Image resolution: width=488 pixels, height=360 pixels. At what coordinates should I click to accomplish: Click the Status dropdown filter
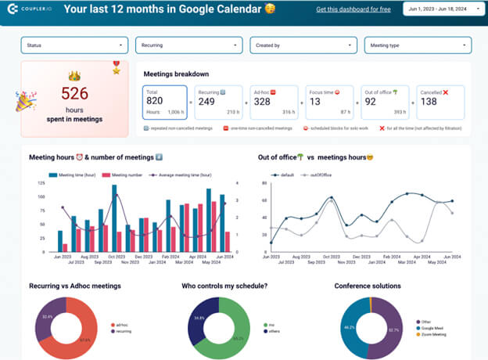74,45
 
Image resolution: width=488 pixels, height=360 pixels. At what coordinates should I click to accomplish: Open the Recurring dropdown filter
188,45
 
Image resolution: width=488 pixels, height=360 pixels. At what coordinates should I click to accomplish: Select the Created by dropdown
303,45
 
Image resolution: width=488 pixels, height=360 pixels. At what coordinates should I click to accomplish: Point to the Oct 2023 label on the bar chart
117,256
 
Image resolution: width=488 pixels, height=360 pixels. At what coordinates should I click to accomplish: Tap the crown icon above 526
75,76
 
